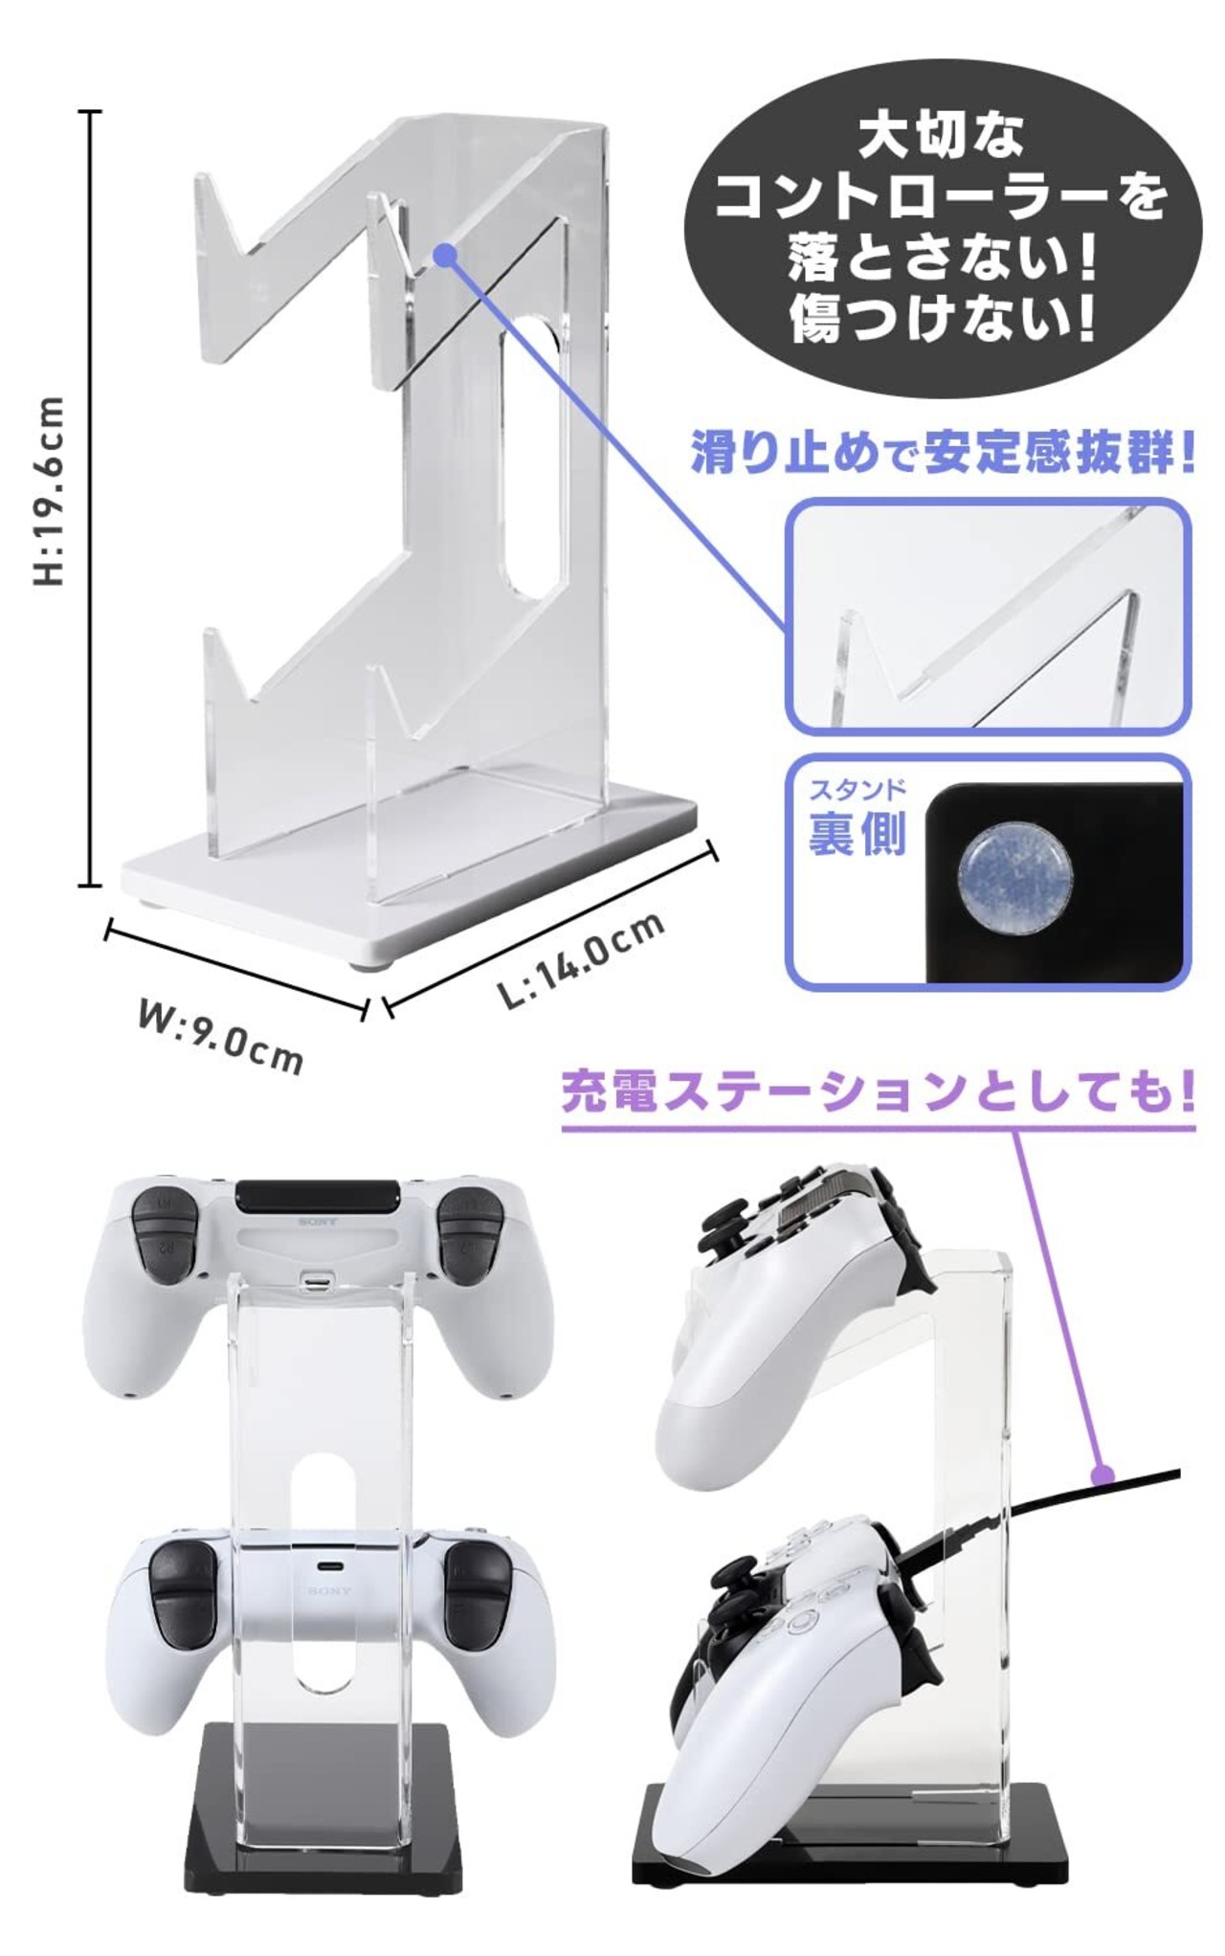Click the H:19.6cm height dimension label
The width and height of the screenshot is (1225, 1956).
49,490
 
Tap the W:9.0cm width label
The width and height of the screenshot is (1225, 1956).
220,1037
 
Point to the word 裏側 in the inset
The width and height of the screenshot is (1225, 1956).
857,833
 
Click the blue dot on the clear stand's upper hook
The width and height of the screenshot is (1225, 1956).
443,254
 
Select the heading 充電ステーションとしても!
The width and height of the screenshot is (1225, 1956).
878,1091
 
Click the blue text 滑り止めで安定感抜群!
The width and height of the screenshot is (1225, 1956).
943,455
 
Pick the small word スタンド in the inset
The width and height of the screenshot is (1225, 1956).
857,790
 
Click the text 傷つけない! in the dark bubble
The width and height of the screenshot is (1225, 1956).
941,320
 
